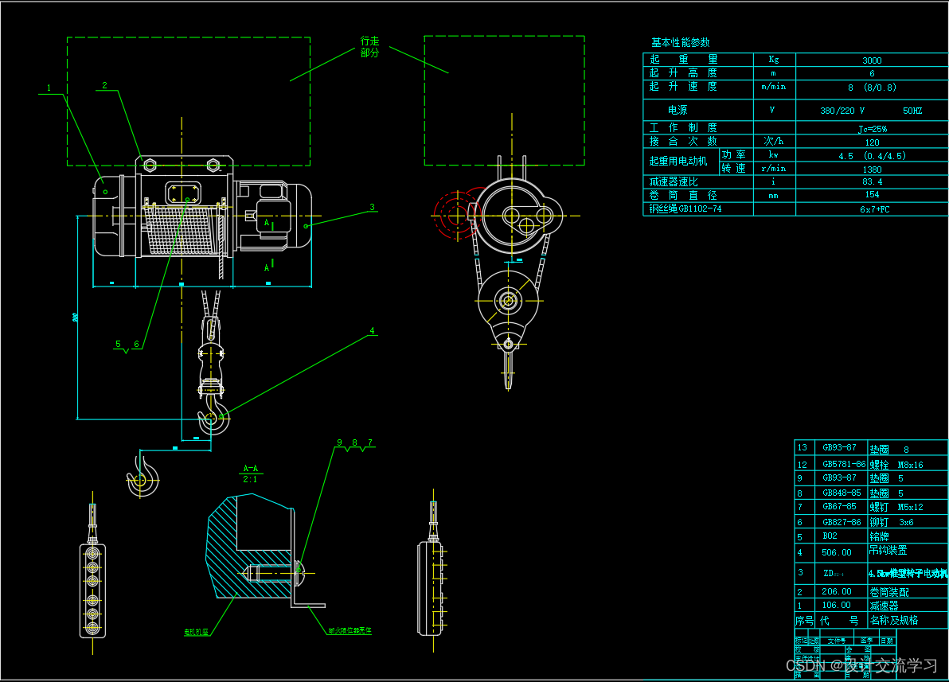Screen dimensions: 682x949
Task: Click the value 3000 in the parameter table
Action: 872,60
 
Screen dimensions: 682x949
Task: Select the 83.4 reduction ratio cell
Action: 872,181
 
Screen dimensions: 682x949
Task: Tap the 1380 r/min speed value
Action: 872,169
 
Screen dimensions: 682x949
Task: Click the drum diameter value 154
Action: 872,195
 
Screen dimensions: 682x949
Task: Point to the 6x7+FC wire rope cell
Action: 872,209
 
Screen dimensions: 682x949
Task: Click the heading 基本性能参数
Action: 680,43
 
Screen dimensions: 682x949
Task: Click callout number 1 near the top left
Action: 49,88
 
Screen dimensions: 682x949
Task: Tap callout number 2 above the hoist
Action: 104,85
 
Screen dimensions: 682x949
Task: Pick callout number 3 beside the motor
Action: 372,207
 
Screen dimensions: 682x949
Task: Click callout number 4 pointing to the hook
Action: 372,330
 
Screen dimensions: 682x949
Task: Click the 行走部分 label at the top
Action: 370,46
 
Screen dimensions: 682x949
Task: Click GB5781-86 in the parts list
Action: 843,464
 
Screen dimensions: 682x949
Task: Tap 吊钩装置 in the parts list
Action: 888,550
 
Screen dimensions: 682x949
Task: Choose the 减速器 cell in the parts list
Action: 884,605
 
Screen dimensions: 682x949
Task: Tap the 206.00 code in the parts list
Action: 837,591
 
